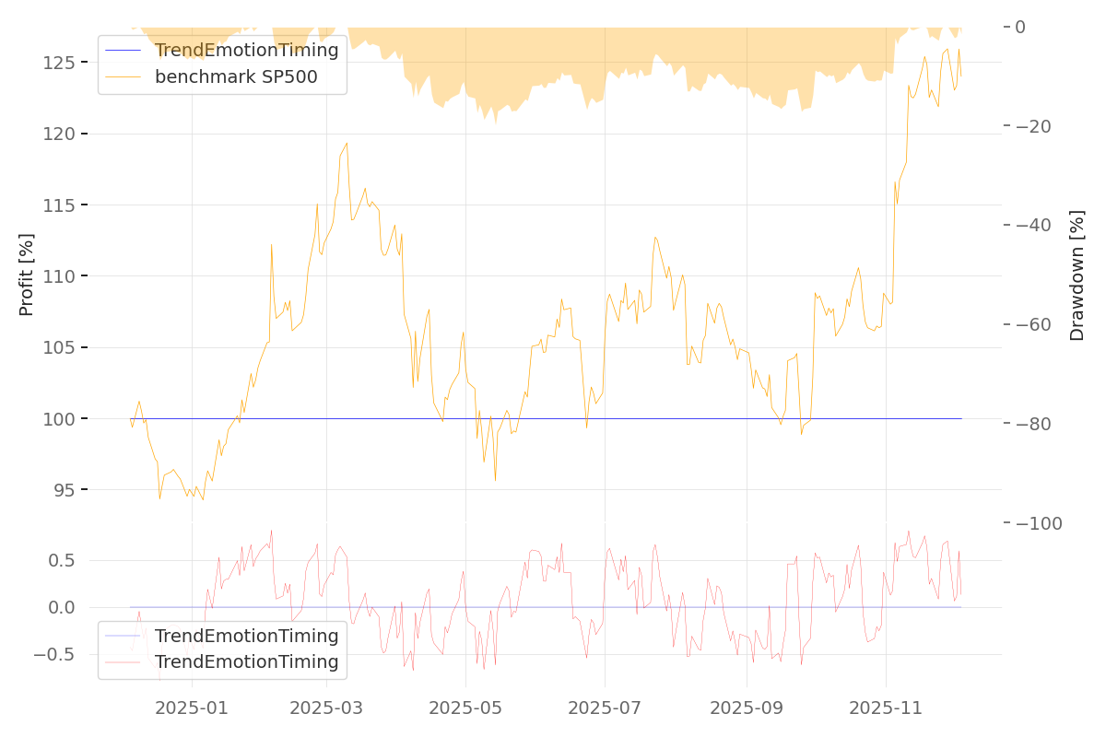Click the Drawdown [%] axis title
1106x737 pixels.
click(1077, 275)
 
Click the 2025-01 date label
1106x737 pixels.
click(192, 708)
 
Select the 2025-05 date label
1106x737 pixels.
click(465, 708)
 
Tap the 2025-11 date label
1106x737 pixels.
click(886, 708)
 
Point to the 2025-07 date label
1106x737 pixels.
click(605, 708)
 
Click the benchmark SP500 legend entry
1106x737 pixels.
click(236, 76)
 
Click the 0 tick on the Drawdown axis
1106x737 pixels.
click(1020, 27)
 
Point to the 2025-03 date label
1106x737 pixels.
click(327, 708)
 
